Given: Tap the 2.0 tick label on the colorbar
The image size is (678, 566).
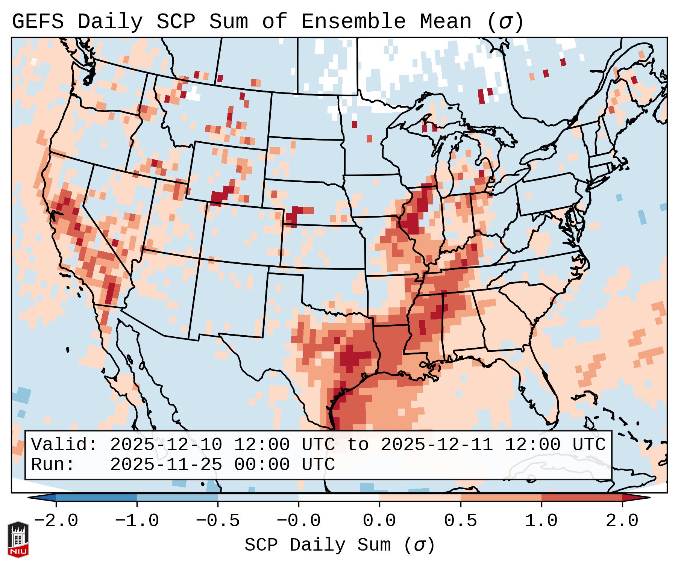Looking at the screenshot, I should click(x=622, y=521).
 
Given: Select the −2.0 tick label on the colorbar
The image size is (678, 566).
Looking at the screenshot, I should click(x=56, y=521).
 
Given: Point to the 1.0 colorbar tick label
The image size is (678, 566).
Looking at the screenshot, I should click(x=541, y=521).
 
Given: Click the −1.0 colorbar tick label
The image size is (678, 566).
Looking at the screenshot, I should click(x=137, y=521).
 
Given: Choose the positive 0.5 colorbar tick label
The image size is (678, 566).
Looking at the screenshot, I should click(x=460, y=521).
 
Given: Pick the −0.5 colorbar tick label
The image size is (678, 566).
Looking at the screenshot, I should click(x=218, y=521).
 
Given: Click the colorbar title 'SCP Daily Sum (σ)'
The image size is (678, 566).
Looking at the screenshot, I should click(x=340, y=545).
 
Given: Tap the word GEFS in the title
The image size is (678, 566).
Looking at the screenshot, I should click(x=38, y=22).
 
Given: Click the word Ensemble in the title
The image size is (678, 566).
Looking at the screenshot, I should click(x=353, y=22).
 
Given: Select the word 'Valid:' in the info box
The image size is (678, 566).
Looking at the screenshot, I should click(x=64, y=445).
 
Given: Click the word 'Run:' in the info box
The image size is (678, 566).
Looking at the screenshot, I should click(x=53, y=465).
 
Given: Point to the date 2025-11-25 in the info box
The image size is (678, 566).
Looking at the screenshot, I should click(x=166, y=465).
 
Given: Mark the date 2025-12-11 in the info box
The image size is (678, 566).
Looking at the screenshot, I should click(x=437, y=445).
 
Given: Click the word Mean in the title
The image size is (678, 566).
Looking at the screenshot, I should click(x=446, y=22).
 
